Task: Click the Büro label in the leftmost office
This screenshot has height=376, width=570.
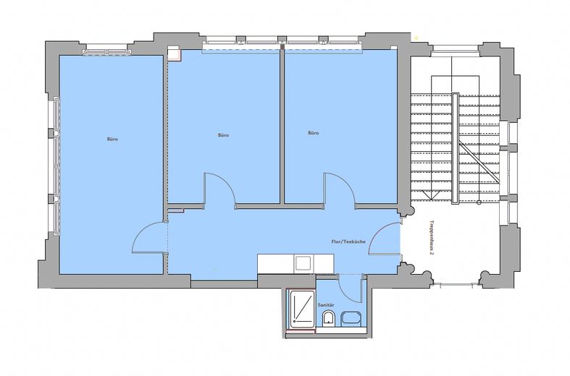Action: [113, 139]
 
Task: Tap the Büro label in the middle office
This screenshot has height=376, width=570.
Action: [224, 135]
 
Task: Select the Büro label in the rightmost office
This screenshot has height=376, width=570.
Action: [314, 133]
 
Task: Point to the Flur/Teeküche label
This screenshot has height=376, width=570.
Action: [348, 242]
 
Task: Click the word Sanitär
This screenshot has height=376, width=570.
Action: [326, 305]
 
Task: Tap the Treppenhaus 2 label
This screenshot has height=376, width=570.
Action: [432, 238]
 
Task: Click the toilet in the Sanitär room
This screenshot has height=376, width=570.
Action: [329, 318]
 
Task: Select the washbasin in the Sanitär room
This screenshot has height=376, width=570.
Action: [351, 319]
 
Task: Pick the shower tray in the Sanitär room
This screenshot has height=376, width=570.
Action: [301, 307]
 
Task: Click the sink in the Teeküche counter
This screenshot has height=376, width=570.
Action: [303, 262]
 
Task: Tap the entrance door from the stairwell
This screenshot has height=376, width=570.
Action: [385, 239]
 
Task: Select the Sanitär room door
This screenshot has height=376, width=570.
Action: [351, 289]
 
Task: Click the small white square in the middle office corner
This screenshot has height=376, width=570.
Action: [174, 53]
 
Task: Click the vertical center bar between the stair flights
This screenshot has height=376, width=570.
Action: [455, 148]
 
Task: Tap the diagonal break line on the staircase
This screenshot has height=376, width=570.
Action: [479, 161]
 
